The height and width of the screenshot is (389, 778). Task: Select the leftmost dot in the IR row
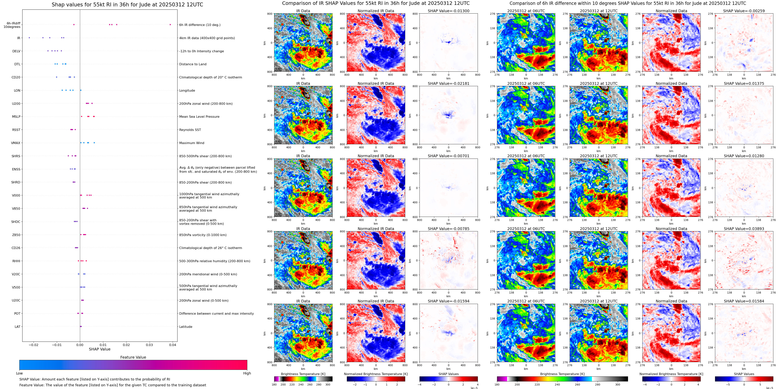click(29, 38)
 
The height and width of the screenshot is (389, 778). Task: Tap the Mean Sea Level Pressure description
click(199, 117)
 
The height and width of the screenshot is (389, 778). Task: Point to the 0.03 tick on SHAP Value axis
click(149, 345)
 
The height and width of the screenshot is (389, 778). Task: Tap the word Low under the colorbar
click(19, 373)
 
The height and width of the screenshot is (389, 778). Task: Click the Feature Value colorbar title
click(133, 357)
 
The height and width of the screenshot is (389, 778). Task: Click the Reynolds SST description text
click(190, 130)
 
